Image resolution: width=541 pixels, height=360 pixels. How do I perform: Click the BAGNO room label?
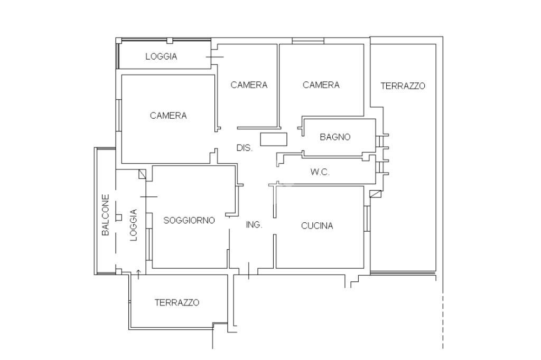335,137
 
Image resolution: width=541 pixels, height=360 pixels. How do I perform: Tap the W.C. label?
320,172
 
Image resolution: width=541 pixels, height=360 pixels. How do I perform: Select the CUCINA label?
317,226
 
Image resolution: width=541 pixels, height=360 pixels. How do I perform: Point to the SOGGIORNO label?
189,220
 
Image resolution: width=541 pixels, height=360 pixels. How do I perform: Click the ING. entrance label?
254,225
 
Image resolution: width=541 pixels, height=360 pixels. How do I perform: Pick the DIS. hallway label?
244,148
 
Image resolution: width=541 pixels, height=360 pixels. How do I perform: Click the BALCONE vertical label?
106,215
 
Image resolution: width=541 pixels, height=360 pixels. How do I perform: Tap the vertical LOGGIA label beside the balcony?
134,225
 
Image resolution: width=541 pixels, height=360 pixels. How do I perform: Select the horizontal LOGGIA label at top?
161,56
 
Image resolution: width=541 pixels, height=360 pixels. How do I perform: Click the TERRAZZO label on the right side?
403,86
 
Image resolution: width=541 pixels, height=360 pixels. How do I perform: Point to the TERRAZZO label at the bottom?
176,302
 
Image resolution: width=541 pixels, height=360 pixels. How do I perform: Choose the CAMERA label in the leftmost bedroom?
169,115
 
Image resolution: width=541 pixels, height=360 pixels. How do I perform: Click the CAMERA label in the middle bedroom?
249,85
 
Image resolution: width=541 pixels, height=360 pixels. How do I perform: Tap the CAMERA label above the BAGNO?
321,85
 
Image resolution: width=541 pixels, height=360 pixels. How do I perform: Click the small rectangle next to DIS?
274,139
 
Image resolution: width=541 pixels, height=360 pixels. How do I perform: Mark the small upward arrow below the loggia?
139,274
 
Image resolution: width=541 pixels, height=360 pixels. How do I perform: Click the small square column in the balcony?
119,217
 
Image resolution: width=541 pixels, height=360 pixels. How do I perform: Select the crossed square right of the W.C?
376,194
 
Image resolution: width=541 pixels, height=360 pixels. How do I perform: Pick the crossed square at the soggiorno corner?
142,174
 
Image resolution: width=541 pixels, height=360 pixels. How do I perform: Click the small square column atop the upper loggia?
170,40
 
